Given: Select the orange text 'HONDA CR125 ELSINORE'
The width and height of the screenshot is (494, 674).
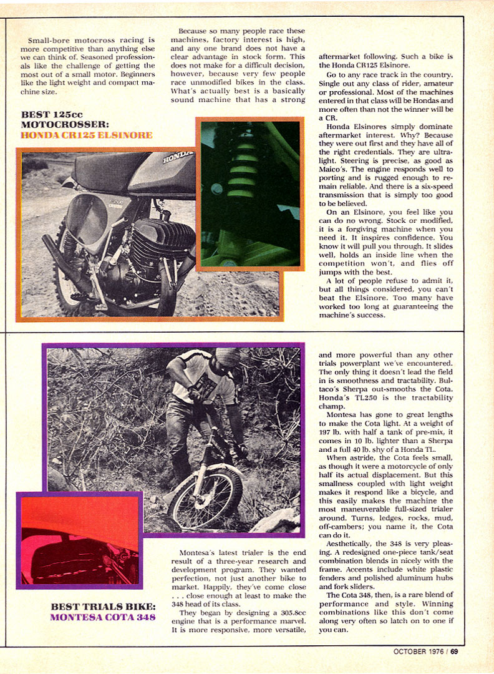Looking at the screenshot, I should coord(87,135).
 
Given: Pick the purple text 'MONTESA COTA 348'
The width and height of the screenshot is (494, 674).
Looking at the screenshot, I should coord(103,618).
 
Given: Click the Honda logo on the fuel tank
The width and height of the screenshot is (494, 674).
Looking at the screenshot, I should coord(174,160).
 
